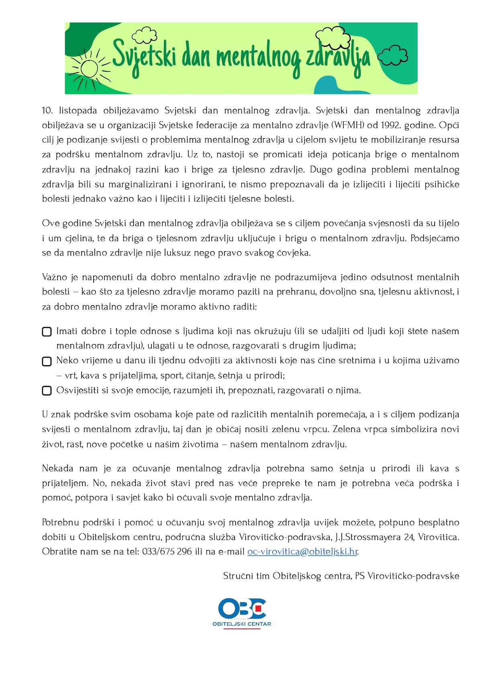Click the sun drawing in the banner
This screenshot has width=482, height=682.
click(x=89, y=68)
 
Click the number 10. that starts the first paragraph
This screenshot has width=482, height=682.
click(x=47, y=111)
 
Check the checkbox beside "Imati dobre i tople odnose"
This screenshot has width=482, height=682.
click(x=47, y=332)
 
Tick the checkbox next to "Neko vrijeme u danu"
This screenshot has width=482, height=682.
click(x=47, y=361)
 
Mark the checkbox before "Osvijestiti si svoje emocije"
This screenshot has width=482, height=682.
click(x=47, y=391)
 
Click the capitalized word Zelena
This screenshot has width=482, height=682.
click(x=347, y=429)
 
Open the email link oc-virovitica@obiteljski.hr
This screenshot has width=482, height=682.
click(x=302, y=551)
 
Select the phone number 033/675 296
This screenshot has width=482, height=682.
click(x=167, y=551)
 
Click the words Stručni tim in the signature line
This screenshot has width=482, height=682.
click(x=246, y=576)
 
